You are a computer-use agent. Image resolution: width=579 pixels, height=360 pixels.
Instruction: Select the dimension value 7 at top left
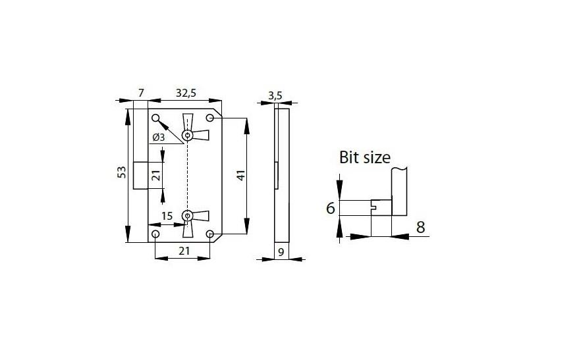[140, 93]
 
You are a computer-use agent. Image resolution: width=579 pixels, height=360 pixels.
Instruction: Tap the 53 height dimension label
[121, 172]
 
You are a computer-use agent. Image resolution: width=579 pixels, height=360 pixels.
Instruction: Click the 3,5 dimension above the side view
[275, 95]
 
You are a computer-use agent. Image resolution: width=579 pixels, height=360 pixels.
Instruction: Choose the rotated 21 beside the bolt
[156, 175]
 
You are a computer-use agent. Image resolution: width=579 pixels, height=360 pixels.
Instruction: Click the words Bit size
[364, 157]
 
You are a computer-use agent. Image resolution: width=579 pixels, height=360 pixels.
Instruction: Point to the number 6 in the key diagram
[331, 209]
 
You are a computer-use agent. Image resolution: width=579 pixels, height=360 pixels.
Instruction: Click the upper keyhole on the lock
[188, 135]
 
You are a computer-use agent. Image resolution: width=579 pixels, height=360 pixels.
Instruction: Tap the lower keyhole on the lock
[188, 215]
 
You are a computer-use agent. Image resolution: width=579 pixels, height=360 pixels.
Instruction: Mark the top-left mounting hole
[156, 118]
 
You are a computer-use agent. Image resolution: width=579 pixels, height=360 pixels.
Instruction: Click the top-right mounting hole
[210, 118]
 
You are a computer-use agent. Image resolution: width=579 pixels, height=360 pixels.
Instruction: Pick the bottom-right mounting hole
[210, 234]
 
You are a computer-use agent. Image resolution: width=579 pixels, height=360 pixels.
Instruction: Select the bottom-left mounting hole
[155, 234]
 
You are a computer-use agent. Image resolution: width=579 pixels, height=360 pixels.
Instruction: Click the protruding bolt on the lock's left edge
[139, 175]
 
